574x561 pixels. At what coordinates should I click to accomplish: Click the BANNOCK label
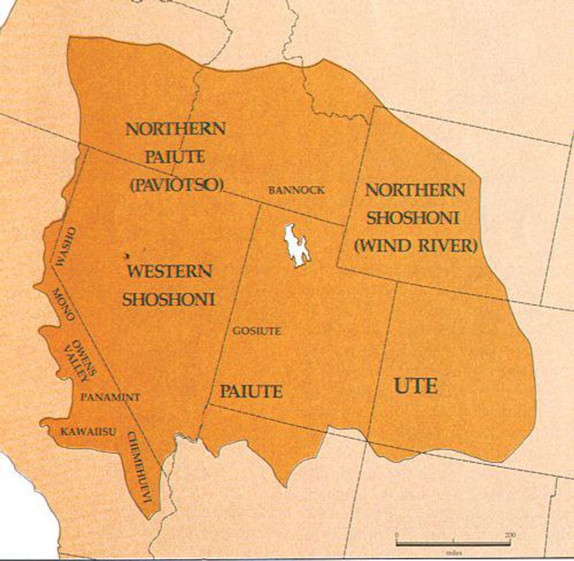click(296, 190)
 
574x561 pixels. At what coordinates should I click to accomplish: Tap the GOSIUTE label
click(257, 331)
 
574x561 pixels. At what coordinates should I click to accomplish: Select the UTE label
click(416, 386)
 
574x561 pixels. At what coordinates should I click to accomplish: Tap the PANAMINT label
click(110, 397)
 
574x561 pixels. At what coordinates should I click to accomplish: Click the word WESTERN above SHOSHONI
click(170, 272)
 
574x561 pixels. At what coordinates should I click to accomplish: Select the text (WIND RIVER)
click(415, 245)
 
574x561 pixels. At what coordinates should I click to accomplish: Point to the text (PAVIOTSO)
click(176, 184)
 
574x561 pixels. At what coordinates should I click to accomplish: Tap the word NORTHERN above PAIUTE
click(175, 129)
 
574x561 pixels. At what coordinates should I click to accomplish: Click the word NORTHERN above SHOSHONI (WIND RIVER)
click(415, 190)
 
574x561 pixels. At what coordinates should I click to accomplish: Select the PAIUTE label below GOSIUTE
click(251, 391)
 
